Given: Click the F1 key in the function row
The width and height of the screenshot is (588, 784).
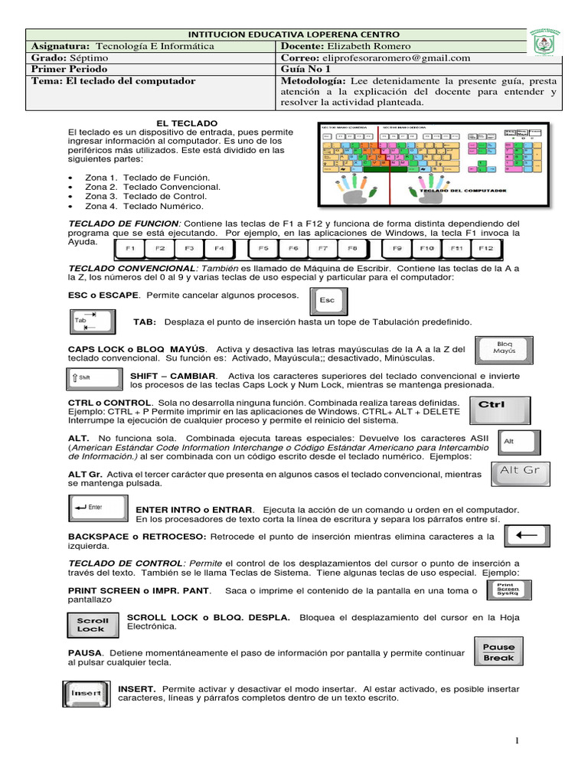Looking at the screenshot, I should coord(130,249).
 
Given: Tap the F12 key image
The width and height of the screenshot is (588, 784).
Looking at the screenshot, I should coord(485,249).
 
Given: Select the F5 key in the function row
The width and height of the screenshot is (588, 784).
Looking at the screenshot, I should coord(263,249).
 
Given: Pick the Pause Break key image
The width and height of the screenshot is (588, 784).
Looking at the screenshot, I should coord(498,652).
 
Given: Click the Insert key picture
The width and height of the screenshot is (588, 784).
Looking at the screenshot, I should coord(87,693).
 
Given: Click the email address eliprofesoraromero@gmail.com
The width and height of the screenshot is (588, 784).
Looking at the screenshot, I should coord(387,57).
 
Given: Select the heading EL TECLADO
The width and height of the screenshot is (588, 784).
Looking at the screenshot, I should coord(187,123).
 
